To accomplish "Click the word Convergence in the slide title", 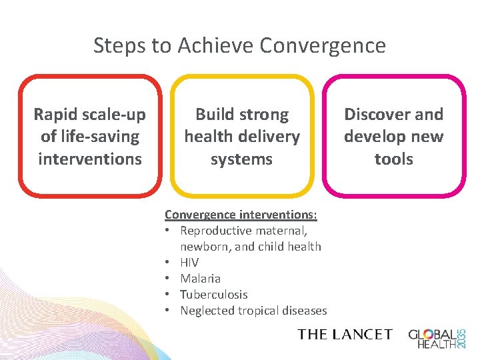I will click(x=323, y=45).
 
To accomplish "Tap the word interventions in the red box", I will click(x=90, y=159).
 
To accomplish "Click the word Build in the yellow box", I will click(x=213, y=115).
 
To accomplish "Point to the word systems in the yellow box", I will click(x=241, y=159).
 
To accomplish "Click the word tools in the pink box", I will click(x=393, y=159).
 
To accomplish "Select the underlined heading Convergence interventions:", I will click(x=241, y=215).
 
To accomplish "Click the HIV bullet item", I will click(x=189, y=263).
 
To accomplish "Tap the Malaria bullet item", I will click(x=201, y=279).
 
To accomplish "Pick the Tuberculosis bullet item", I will click(x=213, y=295).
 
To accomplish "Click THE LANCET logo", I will click(x=345, y=334).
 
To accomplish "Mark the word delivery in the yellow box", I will click(x=269, y=137).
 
